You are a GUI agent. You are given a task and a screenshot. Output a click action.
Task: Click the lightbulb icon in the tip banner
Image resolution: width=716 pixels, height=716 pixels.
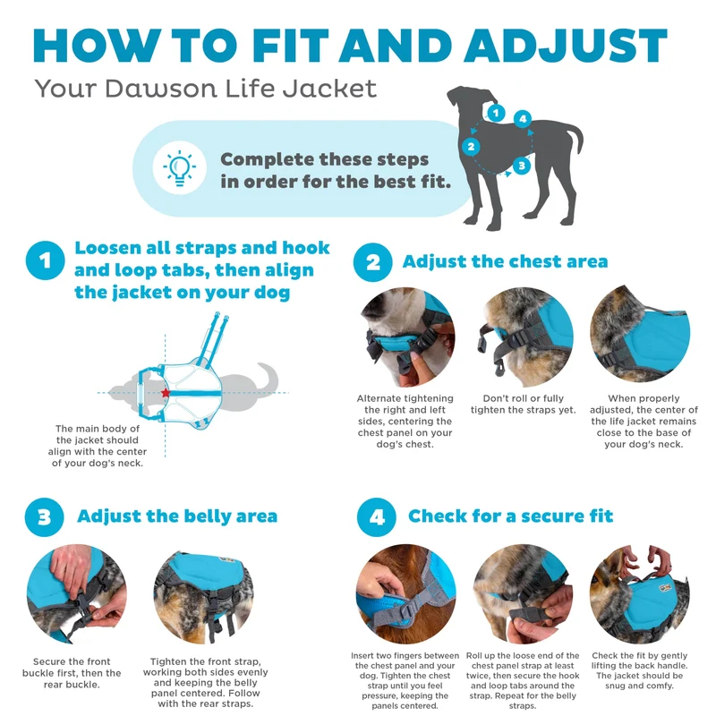(180, 168)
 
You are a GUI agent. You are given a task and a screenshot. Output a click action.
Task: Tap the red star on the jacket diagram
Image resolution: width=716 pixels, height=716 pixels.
(166, 393)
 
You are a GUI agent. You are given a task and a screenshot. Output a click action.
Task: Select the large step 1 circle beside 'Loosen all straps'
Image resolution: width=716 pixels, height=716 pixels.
(46, 260)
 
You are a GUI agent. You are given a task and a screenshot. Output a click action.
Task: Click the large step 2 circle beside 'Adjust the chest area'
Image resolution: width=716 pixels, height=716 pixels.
(372, 262)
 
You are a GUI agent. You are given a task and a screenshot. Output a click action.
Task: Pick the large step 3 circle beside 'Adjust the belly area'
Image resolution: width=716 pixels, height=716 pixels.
(44, 517)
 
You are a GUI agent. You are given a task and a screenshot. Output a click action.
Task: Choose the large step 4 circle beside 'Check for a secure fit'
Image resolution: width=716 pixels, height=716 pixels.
(376, 517)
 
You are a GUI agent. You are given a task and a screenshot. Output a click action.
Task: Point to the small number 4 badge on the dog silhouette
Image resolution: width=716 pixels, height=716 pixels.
(523, 119)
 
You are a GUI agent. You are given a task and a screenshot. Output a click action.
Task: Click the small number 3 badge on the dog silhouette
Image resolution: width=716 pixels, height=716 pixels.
(522, 166)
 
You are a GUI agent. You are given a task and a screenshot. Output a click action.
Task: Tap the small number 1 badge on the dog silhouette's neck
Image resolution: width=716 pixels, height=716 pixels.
(496, 113)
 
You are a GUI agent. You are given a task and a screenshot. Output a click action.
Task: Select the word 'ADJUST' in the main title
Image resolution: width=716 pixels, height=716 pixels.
(566, 46)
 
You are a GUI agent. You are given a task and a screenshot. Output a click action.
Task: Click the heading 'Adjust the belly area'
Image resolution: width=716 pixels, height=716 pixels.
(177, 516)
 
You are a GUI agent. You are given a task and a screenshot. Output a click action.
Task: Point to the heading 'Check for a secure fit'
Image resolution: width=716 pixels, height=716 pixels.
(510, 516)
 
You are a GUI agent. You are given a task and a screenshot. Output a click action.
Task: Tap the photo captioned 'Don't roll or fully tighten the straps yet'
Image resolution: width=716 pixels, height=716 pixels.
(524, 337)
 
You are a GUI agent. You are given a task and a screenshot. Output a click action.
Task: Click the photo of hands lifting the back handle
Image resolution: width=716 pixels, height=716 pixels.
(639, 593)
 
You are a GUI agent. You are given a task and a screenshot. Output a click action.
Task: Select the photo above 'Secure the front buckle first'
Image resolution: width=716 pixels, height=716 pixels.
(77, 593)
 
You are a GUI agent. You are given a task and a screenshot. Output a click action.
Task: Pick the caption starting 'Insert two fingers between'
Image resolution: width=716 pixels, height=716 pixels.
(405, 680)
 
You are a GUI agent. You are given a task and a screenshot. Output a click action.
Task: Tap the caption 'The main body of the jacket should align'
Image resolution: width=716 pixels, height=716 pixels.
(98, 446)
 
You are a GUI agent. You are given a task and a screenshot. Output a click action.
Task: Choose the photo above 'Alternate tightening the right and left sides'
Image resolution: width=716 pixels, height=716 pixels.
(405, 337)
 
